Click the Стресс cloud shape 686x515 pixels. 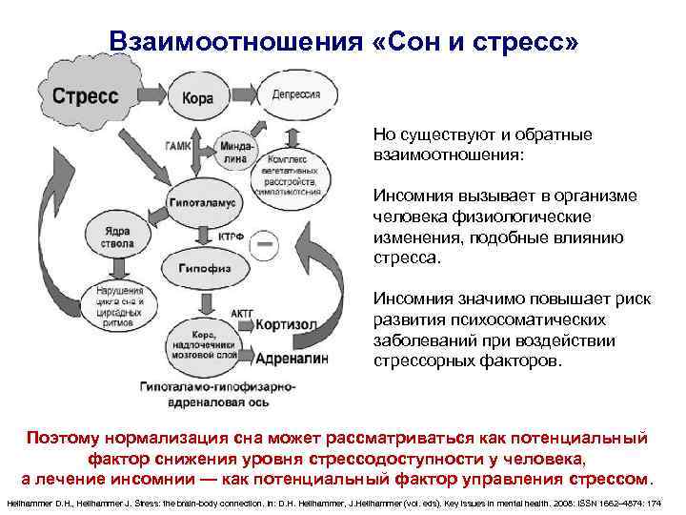(x=85, y=97)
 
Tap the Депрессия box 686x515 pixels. (x=288, y=97)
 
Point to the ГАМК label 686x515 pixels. (x=177, y=146)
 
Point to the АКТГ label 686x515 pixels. (x=243, y=311)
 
